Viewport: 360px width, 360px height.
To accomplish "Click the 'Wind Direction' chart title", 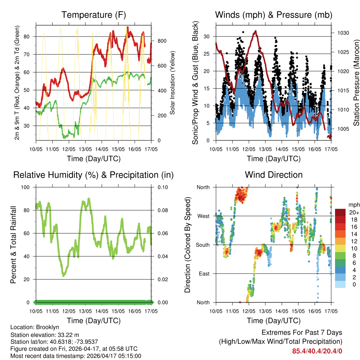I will point(274,175).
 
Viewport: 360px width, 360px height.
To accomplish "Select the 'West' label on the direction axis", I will point(203,216).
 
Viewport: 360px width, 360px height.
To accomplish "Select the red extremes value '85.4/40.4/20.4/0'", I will point(317,351).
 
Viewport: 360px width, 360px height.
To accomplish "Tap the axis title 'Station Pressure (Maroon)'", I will point(356,83).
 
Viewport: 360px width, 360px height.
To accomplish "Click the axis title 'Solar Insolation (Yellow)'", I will point(173,83).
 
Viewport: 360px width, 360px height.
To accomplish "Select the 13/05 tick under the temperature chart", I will point(85,149).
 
